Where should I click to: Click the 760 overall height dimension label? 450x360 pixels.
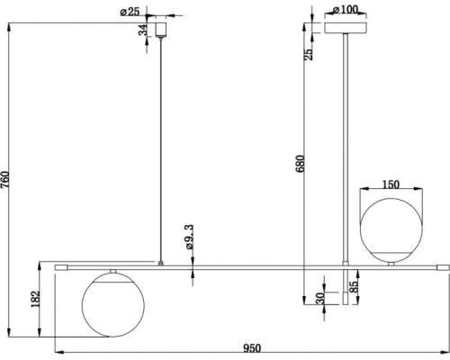pyautogui.click(x=5, y=179)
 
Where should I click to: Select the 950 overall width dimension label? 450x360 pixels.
pyautogui.click(x=252, y=348)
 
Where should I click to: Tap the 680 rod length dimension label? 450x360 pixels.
pyautogui.click(x=300, y=164)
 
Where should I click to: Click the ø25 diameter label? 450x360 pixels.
pyautogui.click(x=130, y=12)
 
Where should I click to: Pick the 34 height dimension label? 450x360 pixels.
pyautogui.click(x=143, y=30)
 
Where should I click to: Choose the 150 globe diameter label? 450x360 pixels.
pyautogui.click(x=391, y=184)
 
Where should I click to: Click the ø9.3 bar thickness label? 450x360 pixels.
pyautogui.click(x=190, y=237)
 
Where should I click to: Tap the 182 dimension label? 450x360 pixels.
pyautogui.click(x=35, y=299)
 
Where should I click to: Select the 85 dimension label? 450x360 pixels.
pyautogui.click(x=354, y=287)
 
